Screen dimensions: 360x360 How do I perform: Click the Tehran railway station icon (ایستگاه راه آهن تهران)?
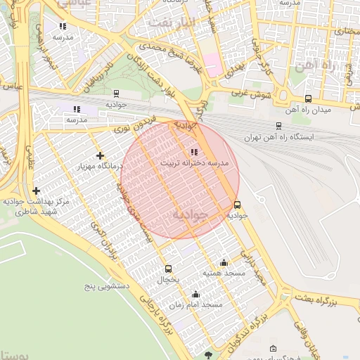pos(279,126)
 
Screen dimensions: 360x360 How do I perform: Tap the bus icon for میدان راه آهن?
pos(308,99)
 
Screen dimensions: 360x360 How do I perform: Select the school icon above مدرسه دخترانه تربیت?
pos(194,152)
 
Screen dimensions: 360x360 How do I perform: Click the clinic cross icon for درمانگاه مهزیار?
pos(100,155)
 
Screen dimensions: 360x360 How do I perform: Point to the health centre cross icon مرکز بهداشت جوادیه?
pos(36,191)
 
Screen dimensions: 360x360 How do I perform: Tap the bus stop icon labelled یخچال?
pos(167,269)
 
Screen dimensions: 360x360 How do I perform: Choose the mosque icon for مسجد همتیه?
pos(224,262)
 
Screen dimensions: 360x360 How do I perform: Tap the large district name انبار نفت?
pos(168,21)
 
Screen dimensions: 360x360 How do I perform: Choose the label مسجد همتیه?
pos(223,272)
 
